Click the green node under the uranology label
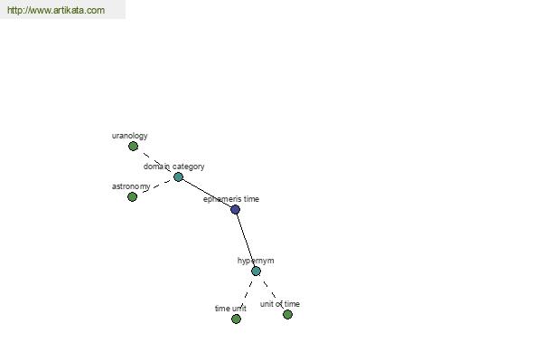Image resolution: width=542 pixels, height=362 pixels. (133, 147)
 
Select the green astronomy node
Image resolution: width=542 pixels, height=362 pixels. (132, 196)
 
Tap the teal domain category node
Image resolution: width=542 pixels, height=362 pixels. (178, 177)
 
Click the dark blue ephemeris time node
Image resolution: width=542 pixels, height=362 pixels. (235, 210)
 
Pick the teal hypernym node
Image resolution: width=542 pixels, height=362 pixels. (256, 271)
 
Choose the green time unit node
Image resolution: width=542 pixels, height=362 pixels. (236, 319)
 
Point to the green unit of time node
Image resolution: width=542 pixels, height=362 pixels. (287, 315)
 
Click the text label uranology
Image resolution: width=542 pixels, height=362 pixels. (129, 136)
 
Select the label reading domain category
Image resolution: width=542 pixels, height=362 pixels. (173, 167)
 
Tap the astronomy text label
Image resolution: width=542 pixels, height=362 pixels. (131, 186)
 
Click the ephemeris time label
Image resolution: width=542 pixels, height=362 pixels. (231, 199)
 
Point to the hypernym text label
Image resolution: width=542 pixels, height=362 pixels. (256, 261)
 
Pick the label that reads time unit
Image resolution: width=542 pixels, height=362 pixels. (230, 309)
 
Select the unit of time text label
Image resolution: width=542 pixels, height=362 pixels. (280, 304)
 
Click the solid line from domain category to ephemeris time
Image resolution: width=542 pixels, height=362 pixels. (206, 194)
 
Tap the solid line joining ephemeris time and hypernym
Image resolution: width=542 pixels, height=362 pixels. (246, 240)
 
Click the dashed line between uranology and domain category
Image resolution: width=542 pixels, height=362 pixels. (155, 162)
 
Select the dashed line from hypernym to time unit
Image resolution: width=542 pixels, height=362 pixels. (246, 295)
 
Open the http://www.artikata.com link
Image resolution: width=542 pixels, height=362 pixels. (56, 10)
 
